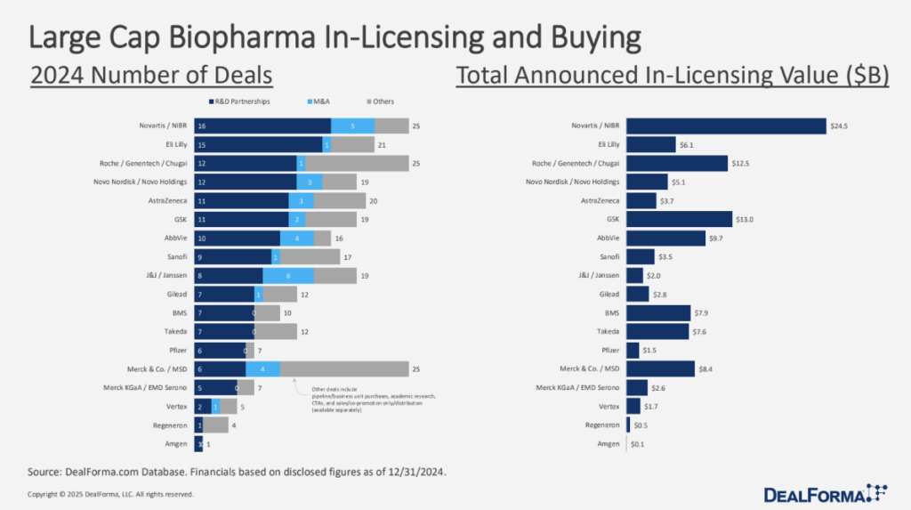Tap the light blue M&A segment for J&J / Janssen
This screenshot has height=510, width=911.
pos(288,276)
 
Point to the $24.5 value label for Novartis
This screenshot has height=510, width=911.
pos(838,125)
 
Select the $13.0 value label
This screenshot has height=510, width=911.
pos(744,218)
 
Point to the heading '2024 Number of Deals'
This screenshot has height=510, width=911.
pos(151,77)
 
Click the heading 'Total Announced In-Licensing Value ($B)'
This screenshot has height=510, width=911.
pos(673,77)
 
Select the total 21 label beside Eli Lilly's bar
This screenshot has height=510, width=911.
pos(381,144)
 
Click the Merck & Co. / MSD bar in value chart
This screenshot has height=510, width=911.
pos(660,368)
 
